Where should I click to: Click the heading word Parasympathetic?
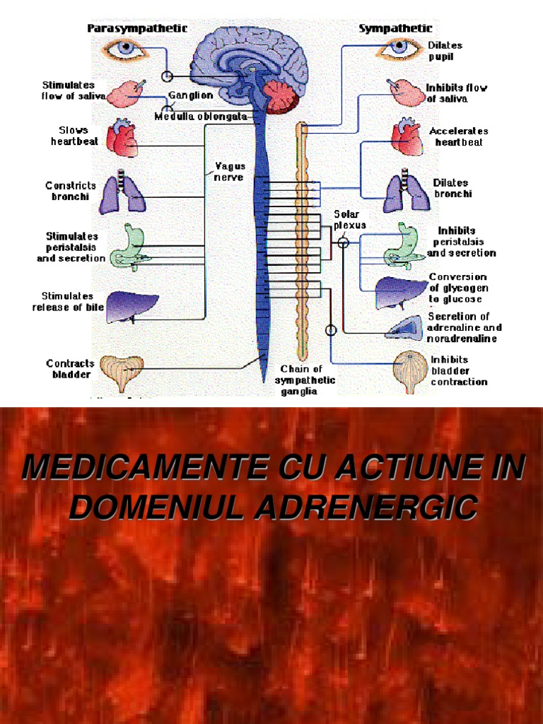click(x=137, y=28)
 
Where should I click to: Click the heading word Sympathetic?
click(x=396, y=28)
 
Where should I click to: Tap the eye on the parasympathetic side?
click(x=125, y=49)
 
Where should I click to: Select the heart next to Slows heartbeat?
click(x=122, y=138)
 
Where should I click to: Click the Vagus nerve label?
click(x=229, y=172)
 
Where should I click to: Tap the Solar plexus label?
click(x=349, y=220)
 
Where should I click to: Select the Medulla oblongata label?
click(x=201, y=117)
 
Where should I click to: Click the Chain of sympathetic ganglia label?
click(x=305, y=380)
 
